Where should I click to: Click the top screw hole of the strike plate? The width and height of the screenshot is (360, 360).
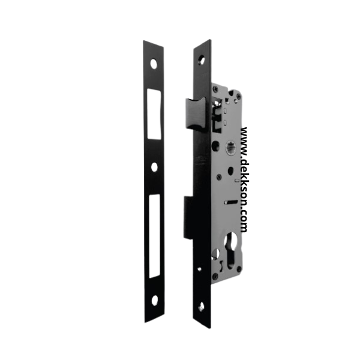[154, 64]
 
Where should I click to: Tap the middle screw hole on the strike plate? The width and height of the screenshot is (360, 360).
[155, 167]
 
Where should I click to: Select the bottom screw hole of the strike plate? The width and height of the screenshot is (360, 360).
[155, 301]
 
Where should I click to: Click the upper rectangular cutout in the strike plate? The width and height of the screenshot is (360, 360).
[154, 114]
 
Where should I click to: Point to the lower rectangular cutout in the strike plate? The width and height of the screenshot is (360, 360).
[155, 236]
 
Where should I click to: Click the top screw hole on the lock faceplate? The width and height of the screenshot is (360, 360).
[202, 59]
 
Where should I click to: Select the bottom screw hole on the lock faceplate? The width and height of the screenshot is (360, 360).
[202, 306]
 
